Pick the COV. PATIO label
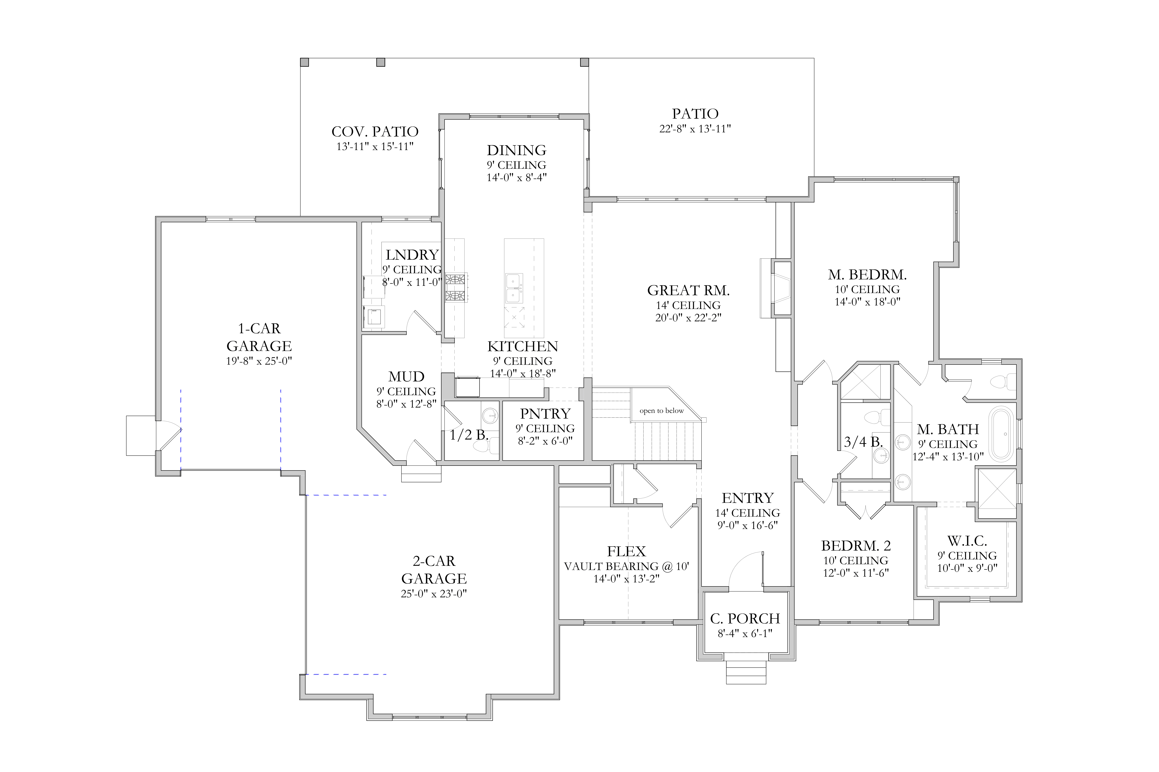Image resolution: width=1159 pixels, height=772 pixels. click(375, 131)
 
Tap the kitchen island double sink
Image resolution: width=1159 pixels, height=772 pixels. click(514, 288)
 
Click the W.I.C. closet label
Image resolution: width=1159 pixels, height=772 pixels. click(967, 541)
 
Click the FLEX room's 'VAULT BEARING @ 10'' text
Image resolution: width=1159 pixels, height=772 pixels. click(626, 566)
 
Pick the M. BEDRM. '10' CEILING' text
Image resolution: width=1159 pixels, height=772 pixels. click(867, 289)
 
